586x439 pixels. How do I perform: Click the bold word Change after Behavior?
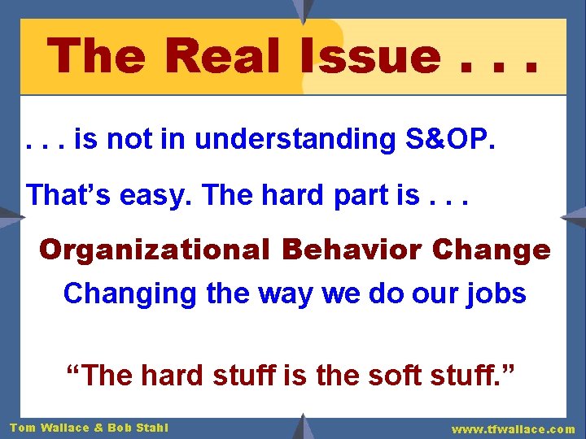(x=492, y=250)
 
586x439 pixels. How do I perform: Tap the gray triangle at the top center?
(x=303, y=10)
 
